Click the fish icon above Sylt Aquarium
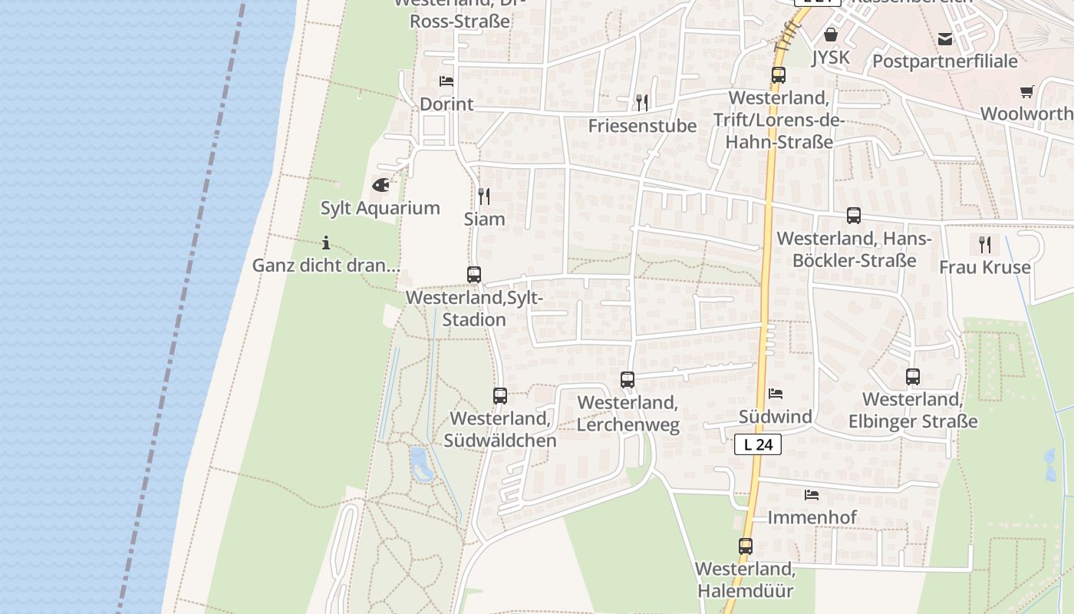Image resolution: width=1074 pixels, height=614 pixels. [381, 185]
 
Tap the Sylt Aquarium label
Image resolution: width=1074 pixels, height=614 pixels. [381, 208]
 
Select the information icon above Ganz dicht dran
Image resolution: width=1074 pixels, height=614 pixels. [326, 243]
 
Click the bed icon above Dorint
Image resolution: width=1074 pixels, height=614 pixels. [446, 81]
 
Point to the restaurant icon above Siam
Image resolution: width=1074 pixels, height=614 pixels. [484, 196]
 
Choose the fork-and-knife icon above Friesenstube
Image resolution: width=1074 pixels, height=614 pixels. [642, 102]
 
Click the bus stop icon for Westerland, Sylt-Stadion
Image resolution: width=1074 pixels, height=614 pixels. [474, 274]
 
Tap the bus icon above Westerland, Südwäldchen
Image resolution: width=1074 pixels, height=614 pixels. [500, 396]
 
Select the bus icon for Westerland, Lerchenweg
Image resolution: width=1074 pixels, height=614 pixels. [628, 379]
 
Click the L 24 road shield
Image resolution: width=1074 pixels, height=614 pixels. [758, 444]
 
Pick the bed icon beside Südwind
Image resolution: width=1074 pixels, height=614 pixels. [776, 394]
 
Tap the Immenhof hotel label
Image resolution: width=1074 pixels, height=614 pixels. [812, 517]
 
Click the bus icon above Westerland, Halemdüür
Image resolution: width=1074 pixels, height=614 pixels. [746, 546]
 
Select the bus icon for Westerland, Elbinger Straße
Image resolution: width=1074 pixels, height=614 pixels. [913, 377]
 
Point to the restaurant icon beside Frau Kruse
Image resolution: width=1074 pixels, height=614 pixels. [985, 245]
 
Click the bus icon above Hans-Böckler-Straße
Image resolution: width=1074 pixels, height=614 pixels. [854, 216]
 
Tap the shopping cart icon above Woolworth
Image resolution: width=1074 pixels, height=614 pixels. [1027, 92]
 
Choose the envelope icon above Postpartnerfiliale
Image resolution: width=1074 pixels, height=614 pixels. [945, 39]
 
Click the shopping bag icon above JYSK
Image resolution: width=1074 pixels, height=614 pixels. [830, 35]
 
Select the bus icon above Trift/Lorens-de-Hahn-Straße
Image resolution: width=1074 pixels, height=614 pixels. [779, 75]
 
